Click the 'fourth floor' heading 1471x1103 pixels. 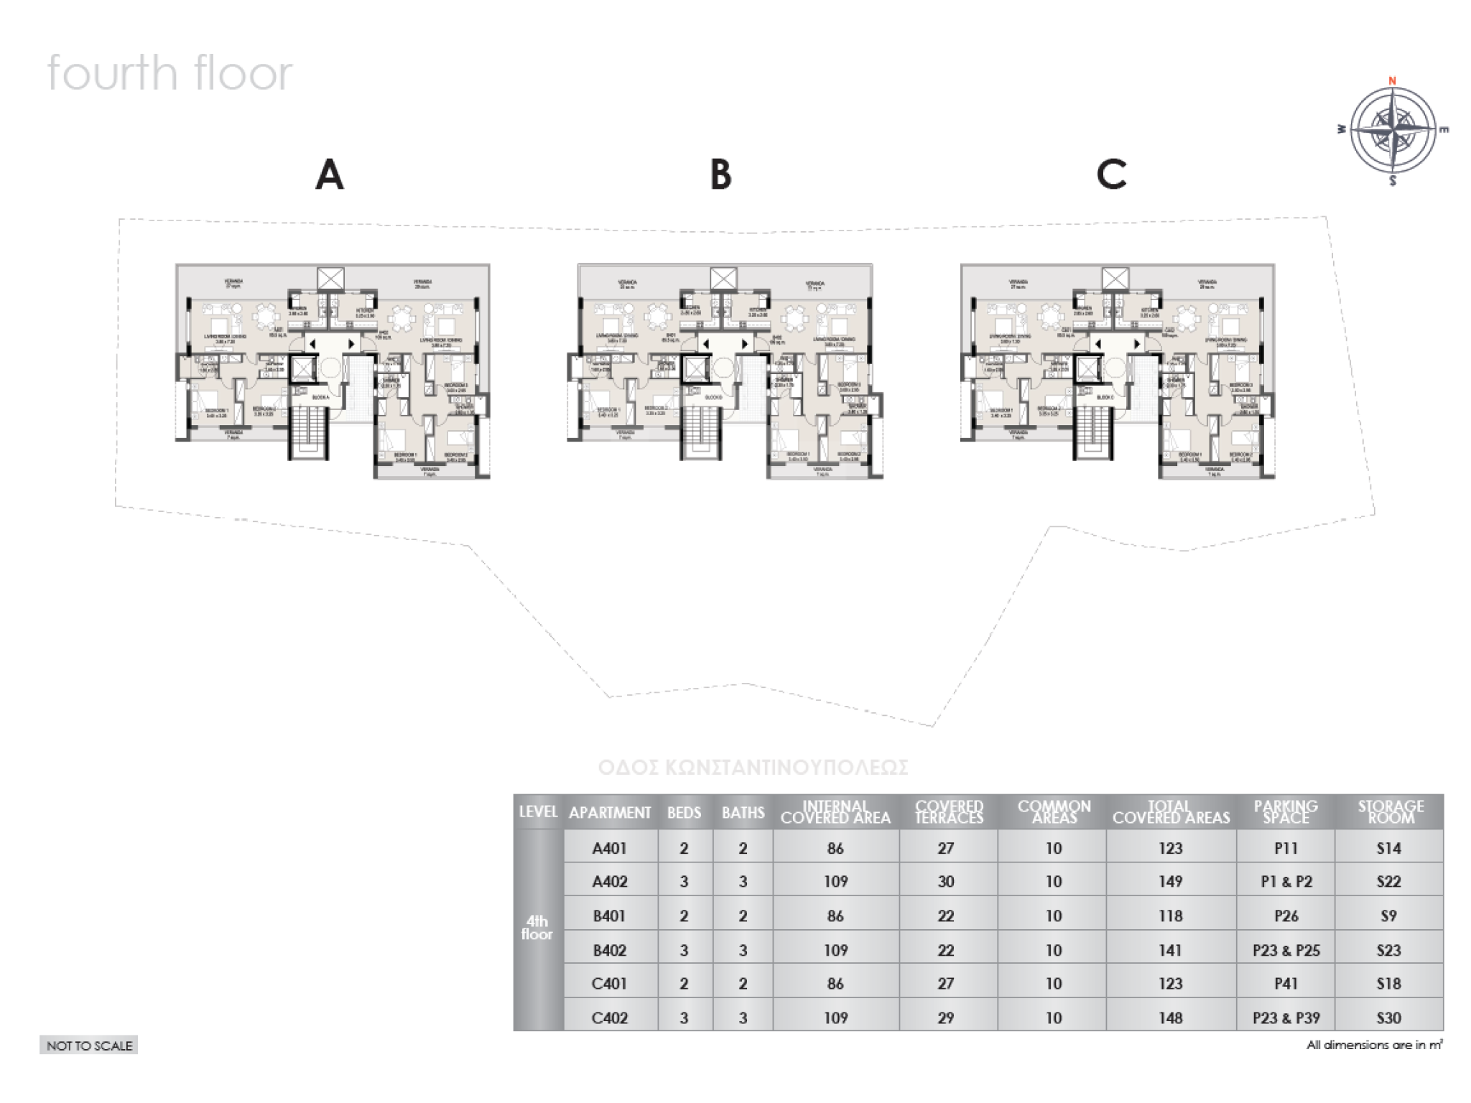170,73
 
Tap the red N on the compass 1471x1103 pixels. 1392,80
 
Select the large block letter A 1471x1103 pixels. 330,174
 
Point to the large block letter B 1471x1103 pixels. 720,174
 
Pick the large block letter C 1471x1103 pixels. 1111,174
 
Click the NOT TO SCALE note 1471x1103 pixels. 89,1046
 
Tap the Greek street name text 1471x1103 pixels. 753,768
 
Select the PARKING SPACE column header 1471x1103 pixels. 1286,812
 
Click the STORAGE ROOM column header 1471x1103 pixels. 1390,812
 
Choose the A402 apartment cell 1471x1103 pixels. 610,882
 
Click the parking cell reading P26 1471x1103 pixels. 1286,916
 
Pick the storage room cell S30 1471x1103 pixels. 1388,1018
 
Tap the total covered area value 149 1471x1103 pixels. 1170,882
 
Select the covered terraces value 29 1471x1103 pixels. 945,1018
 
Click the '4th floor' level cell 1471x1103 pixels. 537,929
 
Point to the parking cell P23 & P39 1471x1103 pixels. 1286,1018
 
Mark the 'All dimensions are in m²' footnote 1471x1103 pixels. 1374,1046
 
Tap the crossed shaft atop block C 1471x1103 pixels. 1115,279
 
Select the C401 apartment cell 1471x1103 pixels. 610,984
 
